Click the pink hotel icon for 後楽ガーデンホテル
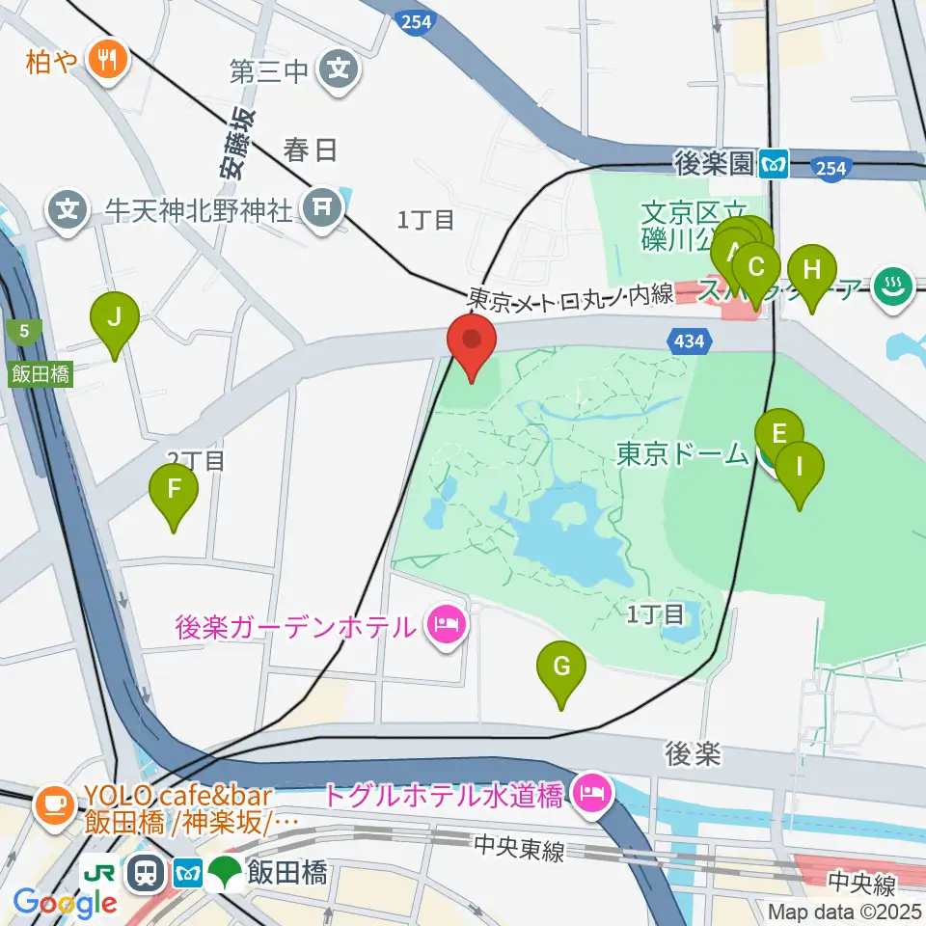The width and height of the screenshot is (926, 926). click(x=447, y=628)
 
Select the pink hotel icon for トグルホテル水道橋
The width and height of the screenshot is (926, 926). click(x=588, y=795)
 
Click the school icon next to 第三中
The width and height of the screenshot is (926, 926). click(x=340, y=69)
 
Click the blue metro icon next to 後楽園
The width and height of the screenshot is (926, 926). click(x=774, y=164)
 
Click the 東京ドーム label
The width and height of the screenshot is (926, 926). click(x=682, y=453)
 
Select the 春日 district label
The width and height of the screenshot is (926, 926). click(x=311, y=150)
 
